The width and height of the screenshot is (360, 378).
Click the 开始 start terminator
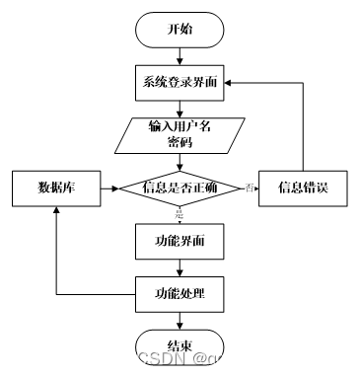180,30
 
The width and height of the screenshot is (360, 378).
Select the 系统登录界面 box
179,82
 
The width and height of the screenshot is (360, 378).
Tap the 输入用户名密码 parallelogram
179,135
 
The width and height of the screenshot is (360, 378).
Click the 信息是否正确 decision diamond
179,188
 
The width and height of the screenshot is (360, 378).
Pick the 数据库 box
56,188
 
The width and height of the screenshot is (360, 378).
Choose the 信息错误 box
302,188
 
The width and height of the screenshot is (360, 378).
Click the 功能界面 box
179,241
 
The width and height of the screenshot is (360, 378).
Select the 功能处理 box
179,293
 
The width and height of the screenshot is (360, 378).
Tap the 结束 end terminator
180,346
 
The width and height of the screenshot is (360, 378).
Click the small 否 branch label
251,188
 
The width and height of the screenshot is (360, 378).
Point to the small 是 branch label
180,213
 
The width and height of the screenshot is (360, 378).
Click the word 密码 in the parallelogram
179,143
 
